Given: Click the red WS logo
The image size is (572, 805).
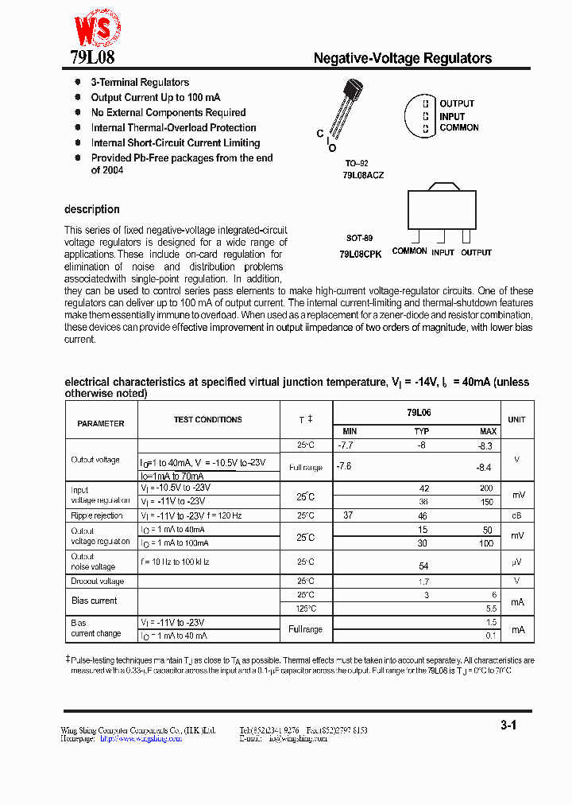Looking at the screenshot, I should (97, 29).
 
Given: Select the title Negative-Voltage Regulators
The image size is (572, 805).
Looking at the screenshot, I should (402, 58).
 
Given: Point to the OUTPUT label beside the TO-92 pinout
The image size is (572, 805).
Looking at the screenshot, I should (457, 104).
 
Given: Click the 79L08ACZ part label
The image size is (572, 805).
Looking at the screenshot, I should (363, 174).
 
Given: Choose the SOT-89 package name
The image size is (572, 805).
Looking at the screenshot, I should (359, 238).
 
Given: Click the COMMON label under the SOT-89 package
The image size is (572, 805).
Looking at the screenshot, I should (409, 251).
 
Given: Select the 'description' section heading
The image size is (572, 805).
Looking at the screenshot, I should (92, 209).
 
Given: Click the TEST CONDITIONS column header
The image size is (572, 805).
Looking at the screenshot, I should (208, 419).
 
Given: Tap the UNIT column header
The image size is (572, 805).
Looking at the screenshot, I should (516, 419).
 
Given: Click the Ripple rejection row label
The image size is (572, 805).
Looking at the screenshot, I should (97, 515).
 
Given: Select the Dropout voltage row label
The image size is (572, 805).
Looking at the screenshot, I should (98, 581).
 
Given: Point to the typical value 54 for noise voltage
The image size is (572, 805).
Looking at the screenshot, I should (423, 566).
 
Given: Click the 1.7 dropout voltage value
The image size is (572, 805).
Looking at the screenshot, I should (423, 581).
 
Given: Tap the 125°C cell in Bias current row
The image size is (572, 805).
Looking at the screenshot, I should (306, 609).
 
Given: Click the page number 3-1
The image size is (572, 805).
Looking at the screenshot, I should (508, 725).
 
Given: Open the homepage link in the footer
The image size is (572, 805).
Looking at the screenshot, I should (140, 738).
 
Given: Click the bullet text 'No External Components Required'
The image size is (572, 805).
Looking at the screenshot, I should (168, 113).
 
